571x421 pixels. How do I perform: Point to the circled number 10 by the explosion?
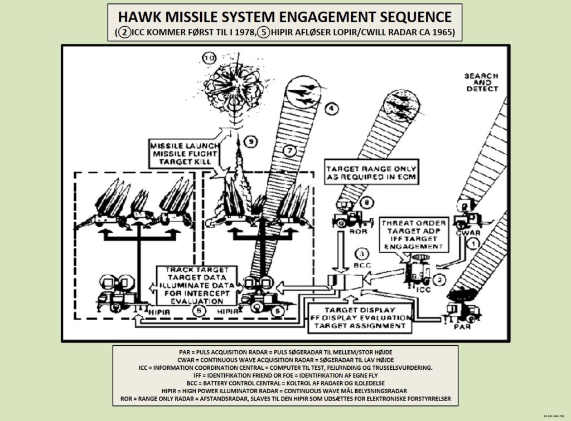point(209,58)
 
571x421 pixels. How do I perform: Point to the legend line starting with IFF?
point(285,375)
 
